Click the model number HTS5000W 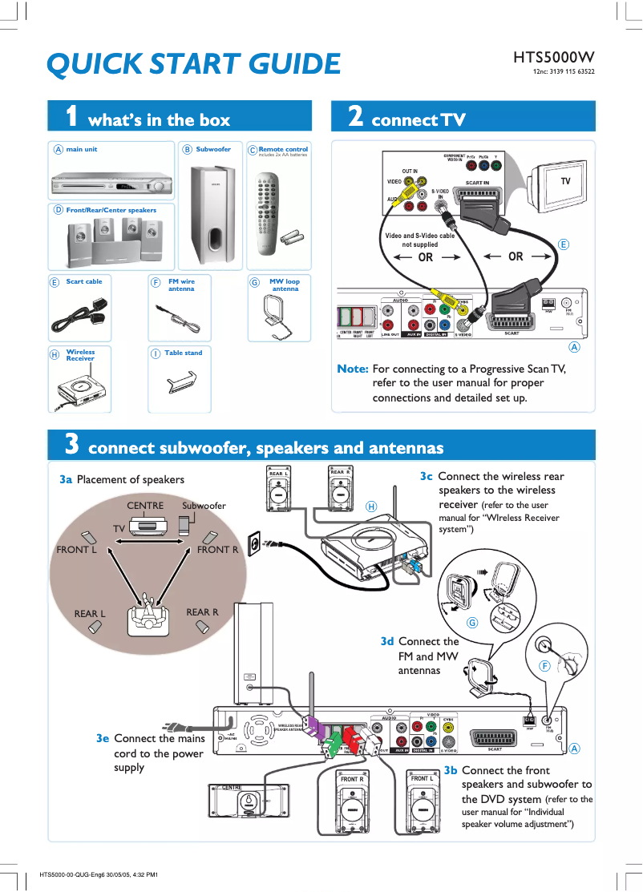pos(553,58)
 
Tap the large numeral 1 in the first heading pos(71,117)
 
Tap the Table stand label pos(183,353)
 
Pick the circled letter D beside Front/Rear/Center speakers pos(58,210)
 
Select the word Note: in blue pos(353,369)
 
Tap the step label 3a pos(66,479)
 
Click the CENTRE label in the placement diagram pos(145,506)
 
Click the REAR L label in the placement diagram pos(90,613)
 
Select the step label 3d pos(387,641)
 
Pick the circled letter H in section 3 pos(371,506)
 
